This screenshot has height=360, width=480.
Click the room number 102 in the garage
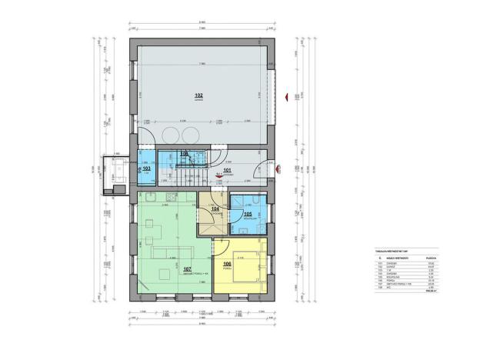point(198,95)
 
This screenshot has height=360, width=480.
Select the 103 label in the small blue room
point(147,168)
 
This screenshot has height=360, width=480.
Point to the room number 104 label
point(215,208)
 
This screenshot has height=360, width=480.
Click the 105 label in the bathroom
point(247,215)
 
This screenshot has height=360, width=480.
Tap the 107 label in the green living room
point(187,269)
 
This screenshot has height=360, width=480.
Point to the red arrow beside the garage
point(286,96)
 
